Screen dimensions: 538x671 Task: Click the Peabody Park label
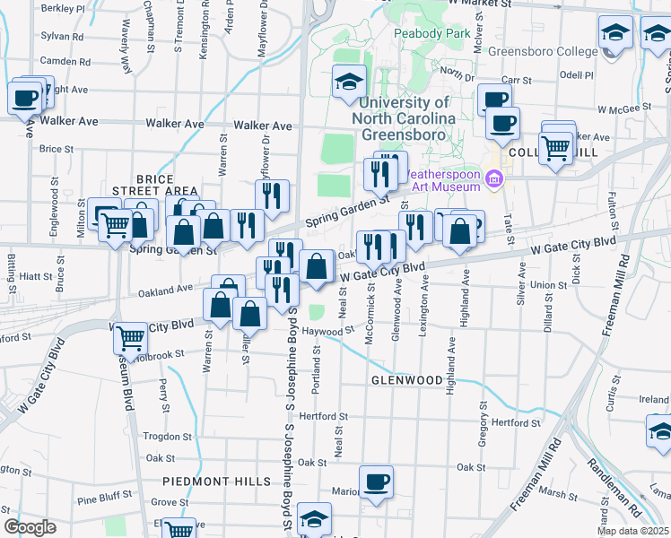pos(432,33)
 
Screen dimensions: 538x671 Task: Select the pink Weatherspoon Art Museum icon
pos(492,180)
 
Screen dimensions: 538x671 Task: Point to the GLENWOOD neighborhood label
pos(406,380)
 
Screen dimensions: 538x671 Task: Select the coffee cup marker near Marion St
pos(376,482)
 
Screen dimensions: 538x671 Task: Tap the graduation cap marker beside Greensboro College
pos(615,35)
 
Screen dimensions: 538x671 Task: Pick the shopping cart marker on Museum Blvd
pos(131,338)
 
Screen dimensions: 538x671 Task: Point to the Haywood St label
pos(327,331)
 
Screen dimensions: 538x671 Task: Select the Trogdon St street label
pos(162,437)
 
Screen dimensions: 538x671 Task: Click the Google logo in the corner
pos(30,526)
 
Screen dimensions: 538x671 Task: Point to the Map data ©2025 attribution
pos(632,531)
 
